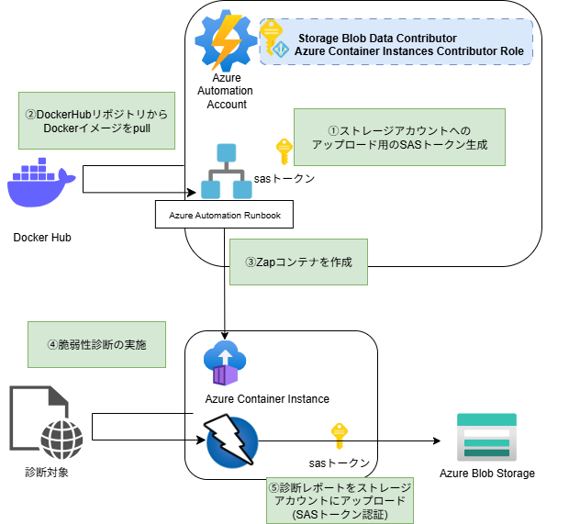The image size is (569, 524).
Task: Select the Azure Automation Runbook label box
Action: pyautogui.click(x=225, y=216)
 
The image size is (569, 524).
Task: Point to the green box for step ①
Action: pyautogui.click(x=399, y=137)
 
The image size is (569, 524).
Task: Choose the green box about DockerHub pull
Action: pyautogui.click(x=96, y=120)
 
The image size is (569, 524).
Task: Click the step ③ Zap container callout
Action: pyautogui.click(x=298, y=262)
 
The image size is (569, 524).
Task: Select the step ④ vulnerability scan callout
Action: pyautogui.click(x=96, y=345)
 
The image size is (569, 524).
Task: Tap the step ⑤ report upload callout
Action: pyautogui.click(x=340, y=500)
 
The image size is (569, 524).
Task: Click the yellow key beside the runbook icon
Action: pyautogui.click(x=284, y=151)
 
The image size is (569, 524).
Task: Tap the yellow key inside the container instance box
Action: pyautogui.click(x=340, y=436)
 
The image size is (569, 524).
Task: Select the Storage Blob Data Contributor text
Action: pyautogui.click(x=376, y=38)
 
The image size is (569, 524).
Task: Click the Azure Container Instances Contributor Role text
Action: pyautogui.click(x=409, y=51)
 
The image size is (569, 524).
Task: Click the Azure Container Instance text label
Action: pyautogui.click(x=267, y=399)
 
